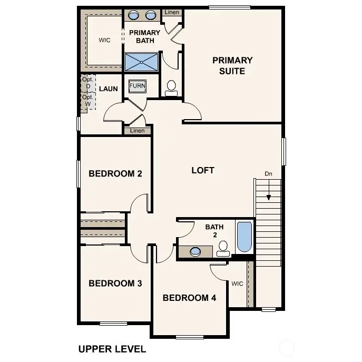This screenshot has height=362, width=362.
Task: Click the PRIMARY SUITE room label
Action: [232, 65]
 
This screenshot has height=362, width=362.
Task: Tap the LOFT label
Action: [203, 170]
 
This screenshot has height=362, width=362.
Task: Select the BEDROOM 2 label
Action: [115, 173]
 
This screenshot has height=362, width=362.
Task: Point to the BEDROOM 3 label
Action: [115, 283]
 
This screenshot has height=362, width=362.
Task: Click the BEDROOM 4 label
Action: [189, 298]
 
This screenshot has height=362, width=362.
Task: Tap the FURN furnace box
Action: [137, 86]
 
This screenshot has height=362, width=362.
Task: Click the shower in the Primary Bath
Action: [141, 62]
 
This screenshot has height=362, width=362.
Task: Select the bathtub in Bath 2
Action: [244, 237]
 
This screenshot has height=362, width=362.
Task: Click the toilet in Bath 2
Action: [223, 248]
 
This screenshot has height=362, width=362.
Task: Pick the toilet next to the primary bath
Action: [172, 88]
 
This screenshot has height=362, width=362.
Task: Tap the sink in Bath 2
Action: [195, 251]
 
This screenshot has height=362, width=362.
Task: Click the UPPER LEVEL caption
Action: [112, 349]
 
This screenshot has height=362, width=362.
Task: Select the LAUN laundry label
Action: [109, 89]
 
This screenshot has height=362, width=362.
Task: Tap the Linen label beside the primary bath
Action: [171, 12]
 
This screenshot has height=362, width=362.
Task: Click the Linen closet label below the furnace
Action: [137, 131]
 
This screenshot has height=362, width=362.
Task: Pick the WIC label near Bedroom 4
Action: [237, 283]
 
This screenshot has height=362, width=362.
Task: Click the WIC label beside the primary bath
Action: [104, 40]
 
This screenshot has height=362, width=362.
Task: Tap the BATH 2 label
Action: [214, 230]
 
